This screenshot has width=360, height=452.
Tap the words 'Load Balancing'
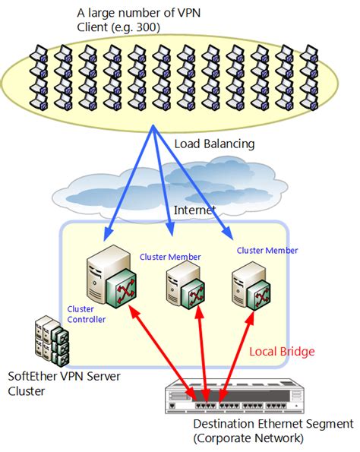215,144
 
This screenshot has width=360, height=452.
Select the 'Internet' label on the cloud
194,209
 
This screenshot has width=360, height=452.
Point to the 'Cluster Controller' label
86,315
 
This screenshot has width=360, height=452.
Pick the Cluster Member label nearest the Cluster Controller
170,257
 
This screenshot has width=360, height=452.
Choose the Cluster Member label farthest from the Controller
267,250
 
